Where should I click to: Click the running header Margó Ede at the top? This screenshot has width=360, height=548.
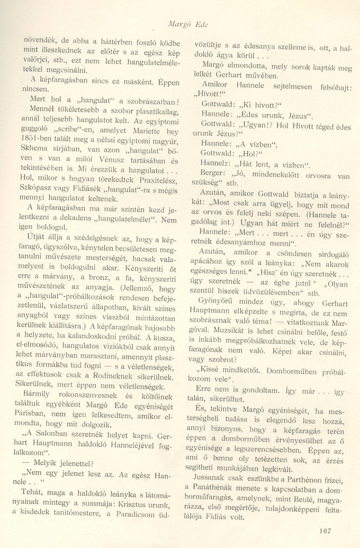pos(183,24)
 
